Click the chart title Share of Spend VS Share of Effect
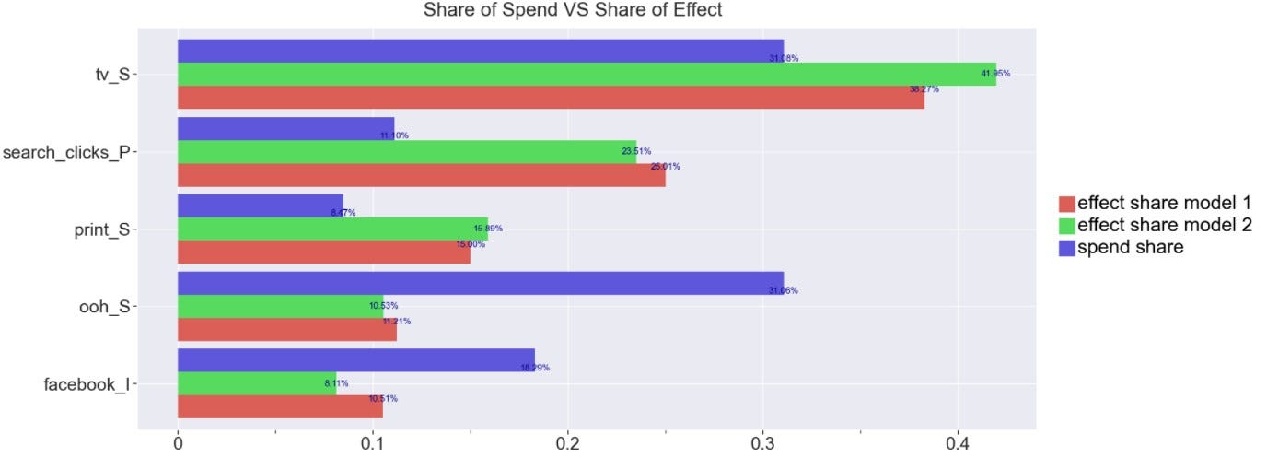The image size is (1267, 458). [573, 10]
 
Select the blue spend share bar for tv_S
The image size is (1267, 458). [480, 51]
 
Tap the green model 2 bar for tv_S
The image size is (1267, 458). [586, 74]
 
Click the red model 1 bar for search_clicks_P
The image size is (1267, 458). [421, 175]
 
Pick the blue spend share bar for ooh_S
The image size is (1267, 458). [480, 283]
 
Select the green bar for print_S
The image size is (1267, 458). [331, 229]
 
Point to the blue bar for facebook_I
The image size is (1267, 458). [355, 360]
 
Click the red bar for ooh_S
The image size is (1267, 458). [286, 329]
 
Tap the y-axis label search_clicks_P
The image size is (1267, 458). [66, 152]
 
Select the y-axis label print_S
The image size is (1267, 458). [99, 229]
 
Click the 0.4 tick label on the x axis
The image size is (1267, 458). [958, 442]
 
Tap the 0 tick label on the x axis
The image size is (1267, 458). [178, 442]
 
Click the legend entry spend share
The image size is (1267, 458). [1130, 247]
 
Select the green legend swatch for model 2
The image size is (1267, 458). [1067, 226]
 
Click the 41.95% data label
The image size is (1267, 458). [995, 73]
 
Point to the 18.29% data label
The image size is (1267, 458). [534, 368]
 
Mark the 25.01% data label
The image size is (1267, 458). [665, 167]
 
